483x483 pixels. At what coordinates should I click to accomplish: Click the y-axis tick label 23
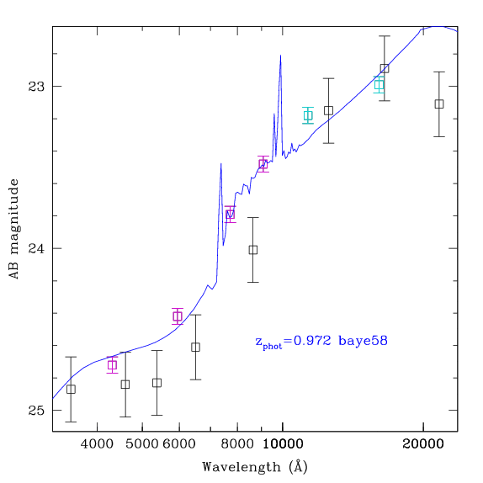[x=36, y=87]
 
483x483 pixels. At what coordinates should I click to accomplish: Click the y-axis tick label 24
[x=36, y=248]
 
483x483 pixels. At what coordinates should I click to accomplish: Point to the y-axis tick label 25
[x=36, y=411]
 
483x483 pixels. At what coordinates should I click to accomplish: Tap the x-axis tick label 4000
[x=97, y=444]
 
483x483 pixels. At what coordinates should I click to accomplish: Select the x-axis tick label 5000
[x=142, y=444]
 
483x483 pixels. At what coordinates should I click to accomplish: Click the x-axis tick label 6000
[x=179, y=444]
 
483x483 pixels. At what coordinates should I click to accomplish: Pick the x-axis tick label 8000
[x=237, y=444]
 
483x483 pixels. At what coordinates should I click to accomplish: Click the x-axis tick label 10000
[x=283, y=444]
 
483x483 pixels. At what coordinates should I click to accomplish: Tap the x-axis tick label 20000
[x=423, y=444]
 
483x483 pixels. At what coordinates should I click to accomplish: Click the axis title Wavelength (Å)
[x=255, y=467]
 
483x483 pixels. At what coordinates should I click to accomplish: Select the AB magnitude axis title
[x=14, y=229]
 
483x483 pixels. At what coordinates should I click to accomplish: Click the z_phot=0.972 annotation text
[x=321, y=342]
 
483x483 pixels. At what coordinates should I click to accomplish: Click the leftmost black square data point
[x=71, y=390]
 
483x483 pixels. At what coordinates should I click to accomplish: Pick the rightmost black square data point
[x=439, y=104]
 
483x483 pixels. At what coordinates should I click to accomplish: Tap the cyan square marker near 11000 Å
[x=308, y=115]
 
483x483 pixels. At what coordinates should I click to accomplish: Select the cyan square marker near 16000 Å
[x=379, y=84]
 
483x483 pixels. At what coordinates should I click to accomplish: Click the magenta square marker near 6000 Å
[x=178, y=316]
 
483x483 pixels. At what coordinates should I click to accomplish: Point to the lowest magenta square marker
[x=113, y=365]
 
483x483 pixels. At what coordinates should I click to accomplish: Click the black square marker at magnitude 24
[x=253, y=250]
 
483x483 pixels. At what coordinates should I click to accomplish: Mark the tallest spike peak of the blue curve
[x=280, y=56]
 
